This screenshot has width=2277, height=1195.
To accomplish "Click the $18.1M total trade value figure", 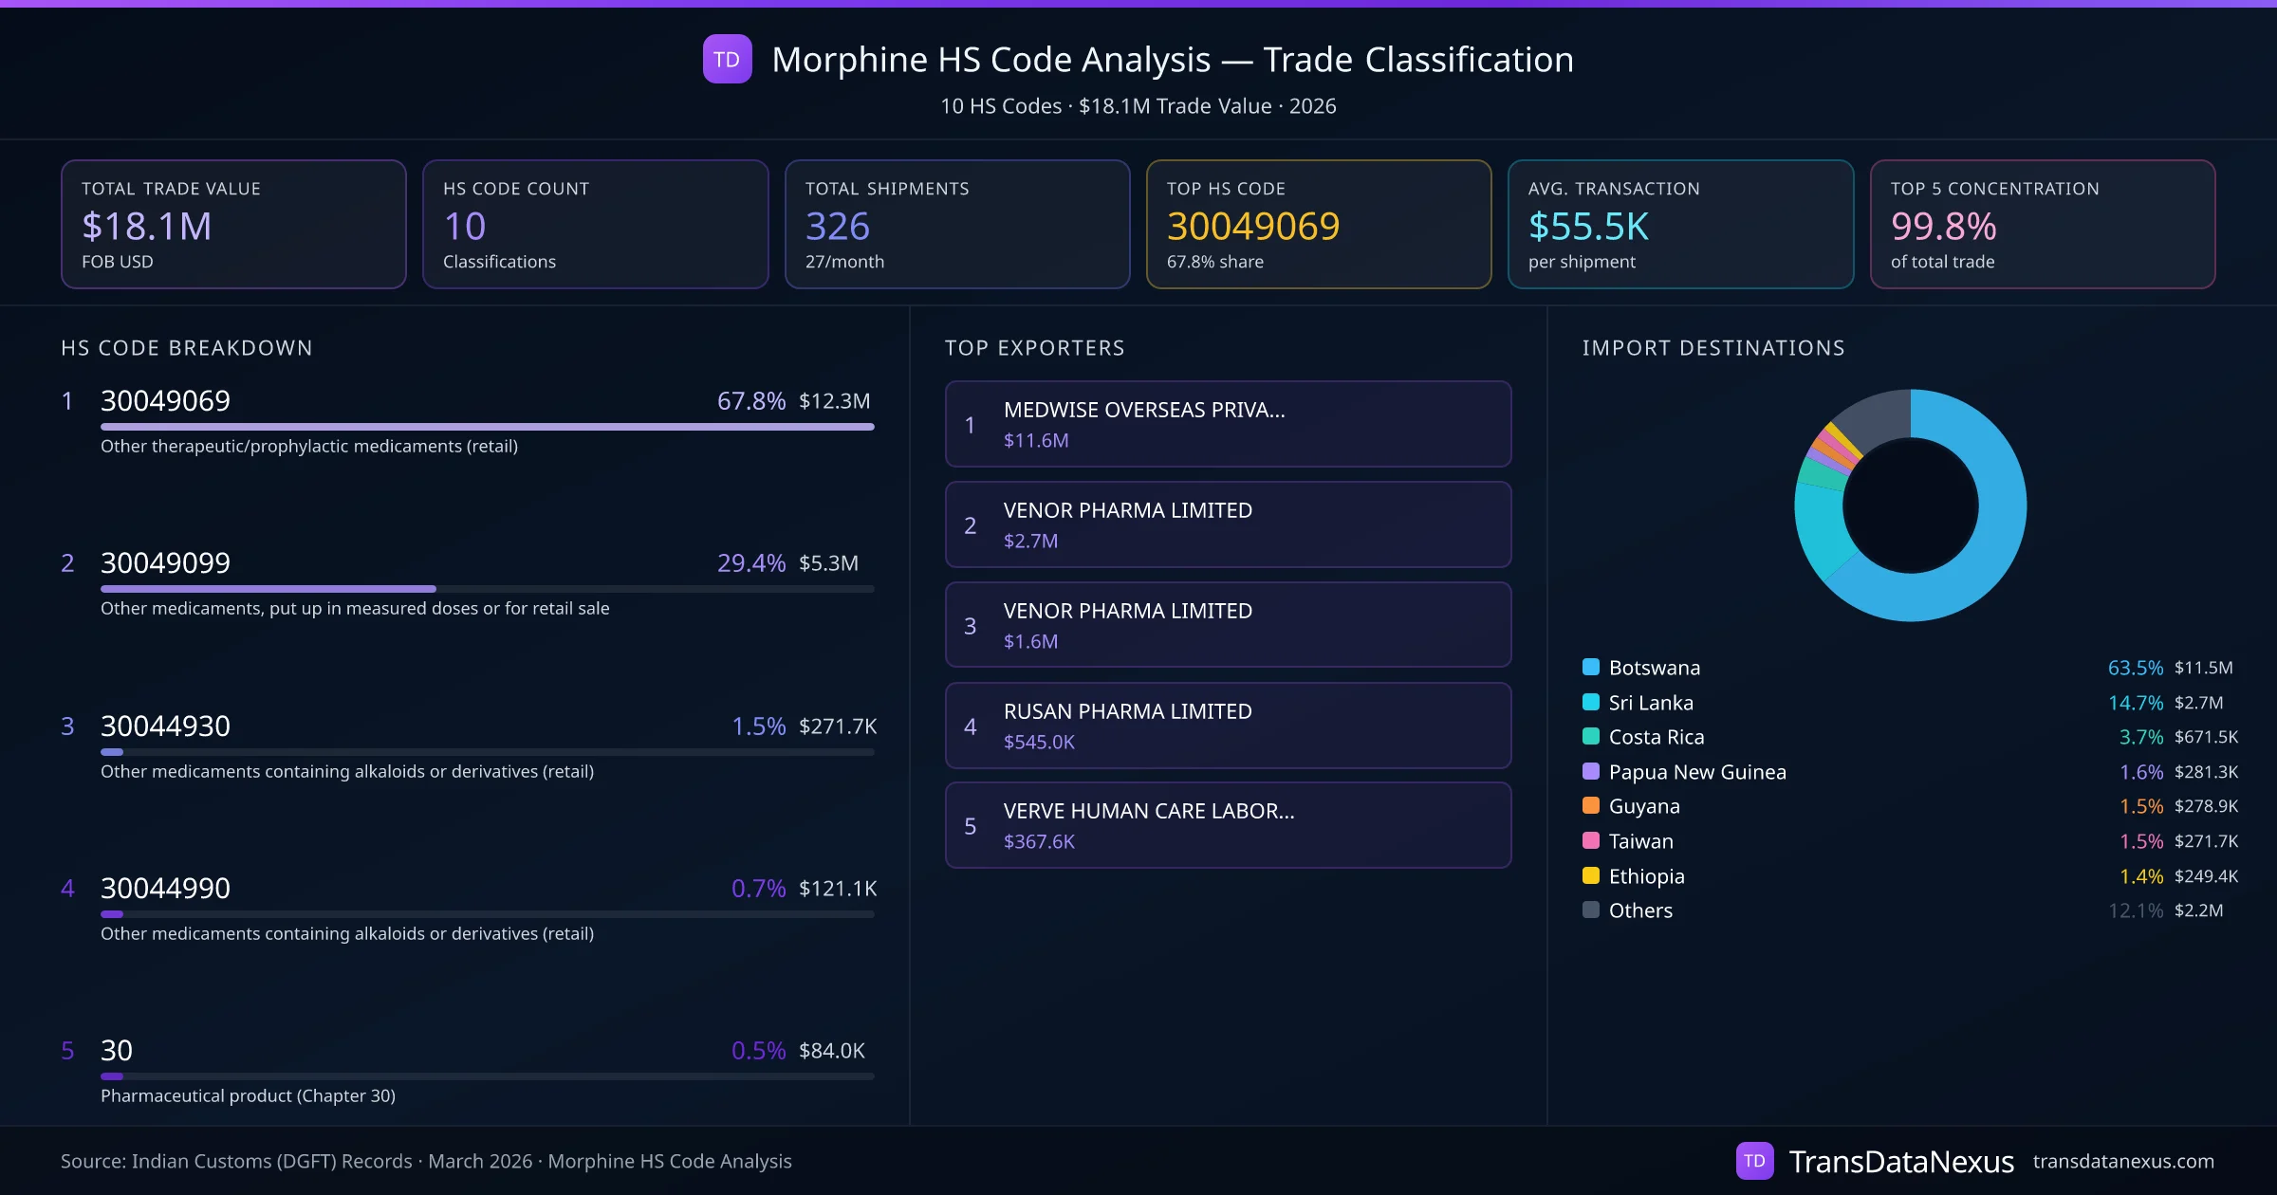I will pos(147,227).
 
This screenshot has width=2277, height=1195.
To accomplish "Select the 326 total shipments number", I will pos(837,227).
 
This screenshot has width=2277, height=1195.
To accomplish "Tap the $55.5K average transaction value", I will pos(1588,227).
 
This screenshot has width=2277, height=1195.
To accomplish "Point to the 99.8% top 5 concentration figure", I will pos(1943,227).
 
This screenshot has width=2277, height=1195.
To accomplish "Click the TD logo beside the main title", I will pos(727,60).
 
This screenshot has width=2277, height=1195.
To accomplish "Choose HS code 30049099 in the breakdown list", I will pos(165,563).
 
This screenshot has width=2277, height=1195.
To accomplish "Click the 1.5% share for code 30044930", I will pos(758,726).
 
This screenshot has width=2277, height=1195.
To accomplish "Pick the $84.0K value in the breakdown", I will pos(831,1051).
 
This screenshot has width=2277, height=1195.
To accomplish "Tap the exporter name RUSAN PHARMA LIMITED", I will pos(1127,711).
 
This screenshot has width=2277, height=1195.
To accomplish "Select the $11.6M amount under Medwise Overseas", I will pos(1036,441).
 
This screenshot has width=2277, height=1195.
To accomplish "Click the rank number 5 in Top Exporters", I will pos(970,826).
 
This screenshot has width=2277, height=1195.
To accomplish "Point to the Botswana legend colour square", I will pos(1591,667).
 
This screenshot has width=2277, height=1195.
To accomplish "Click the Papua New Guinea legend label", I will pos(1696,772).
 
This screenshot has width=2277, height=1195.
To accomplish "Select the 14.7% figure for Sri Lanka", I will pos(2135,703).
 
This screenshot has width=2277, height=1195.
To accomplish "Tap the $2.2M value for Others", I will pos(2198,910).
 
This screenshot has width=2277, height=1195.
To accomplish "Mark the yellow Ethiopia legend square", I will pos(1591,875).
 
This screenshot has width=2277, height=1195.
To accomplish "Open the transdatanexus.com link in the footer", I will pos(2122,1162).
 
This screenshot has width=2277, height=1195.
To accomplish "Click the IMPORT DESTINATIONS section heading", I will pos(1712,348).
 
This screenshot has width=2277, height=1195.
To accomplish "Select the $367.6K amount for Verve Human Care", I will pos(1039,842).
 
